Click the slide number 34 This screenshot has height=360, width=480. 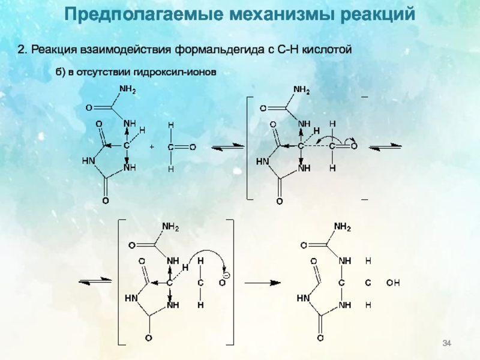446,343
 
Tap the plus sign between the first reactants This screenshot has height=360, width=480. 151,146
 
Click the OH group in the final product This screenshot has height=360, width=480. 393,281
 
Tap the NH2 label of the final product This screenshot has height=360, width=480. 342,227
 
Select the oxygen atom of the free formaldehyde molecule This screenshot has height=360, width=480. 193,146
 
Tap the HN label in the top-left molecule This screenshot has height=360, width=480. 88,161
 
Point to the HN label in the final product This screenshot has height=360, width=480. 303,298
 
